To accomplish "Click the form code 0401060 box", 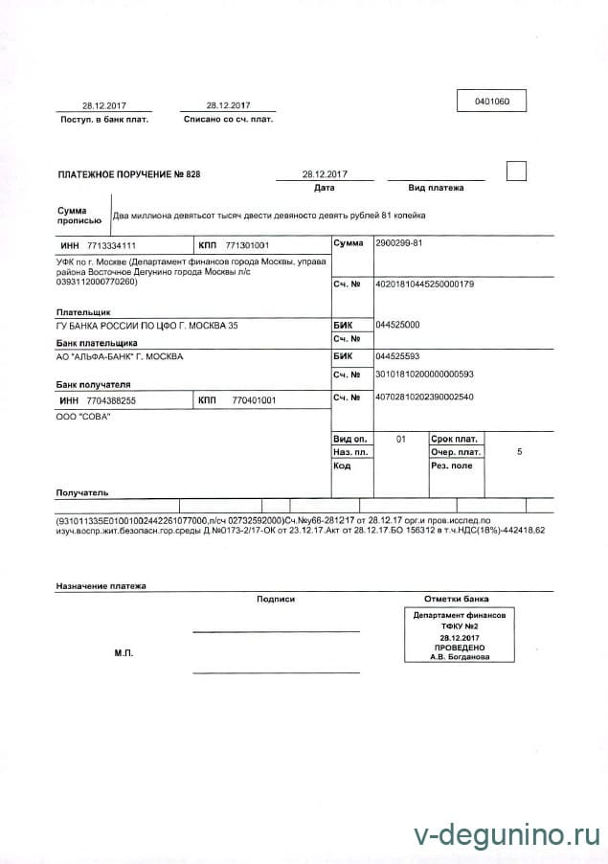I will point(492,101).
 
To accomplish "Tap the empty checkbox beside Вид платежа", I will point(516,172).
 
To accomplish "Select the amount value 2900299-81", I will point(400,243).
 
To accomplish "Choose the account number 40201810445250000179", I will point(426,284).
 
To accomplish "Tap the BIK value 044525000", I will point(398,325).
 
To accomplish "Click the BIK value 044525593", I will point(398,355).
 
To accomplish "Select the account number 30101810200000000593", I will point(426,374).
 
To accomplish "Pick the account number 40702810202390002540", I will point(426,397).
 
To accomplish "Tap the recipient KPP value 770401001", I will point(254,399).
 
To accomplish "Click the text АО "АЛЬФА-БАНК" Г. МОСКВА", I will point(121,356).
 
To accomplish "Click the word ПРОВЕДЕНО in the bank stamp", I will point(460,647).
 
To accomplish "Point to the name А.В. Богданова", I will point(460,657).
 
